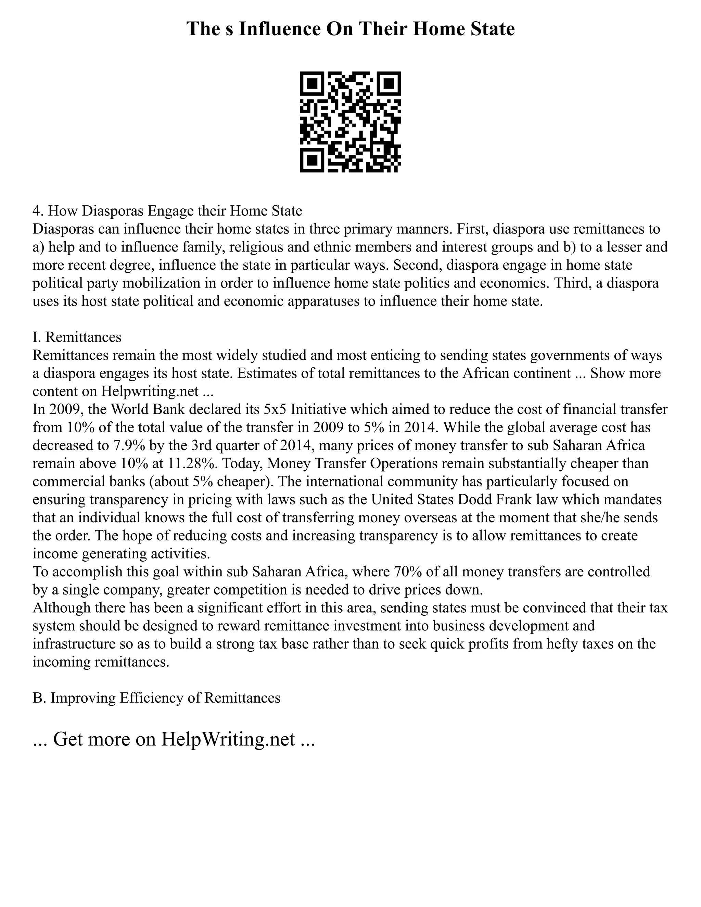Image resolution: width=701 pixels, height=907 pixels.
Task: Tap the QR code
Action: coord(350,122)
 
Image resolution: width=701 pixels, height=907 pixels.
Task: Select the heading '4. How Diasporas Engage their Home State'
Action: coord(167,211)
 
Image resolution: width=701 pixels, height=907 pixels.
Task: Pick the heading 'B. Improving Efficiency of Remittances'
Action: coord(156,698)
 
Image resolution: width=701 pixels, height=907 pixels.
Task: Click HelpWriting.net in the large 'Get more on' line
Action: coord(228,740)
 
